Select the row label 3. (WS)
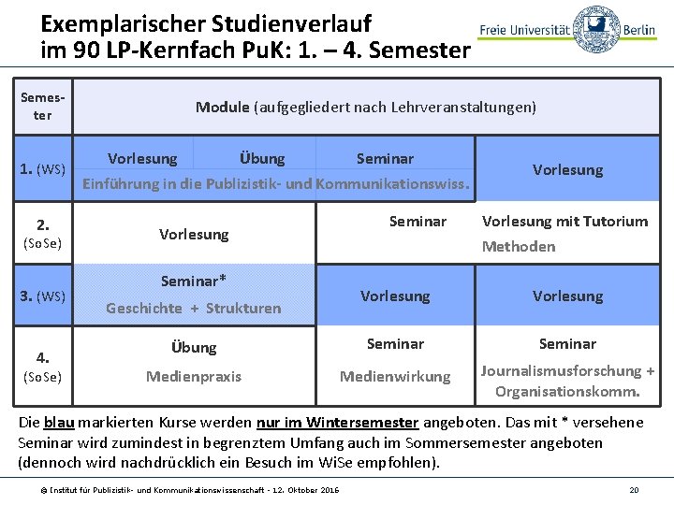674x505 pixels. [43, 296]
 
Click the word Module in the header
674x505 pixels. [222, 107]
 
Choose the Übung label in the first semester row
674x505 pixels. [261, 158]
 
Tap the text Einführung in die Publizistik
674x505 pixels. [197, 183]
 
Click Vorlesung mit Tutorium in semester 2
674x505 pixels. [564, 222]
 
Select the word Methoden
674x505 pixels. [519, 247]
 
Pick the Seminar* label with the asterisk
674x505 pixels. [194, 281]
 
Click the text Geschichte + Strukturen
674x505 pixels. [194, 308]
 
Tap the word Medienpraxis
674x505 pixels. [194, 376]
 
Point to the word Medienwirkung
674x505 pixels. [394, 376]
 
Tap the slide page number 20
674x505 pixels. [634, 490]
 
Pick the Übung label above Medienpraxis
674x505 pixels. [194, 347]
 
